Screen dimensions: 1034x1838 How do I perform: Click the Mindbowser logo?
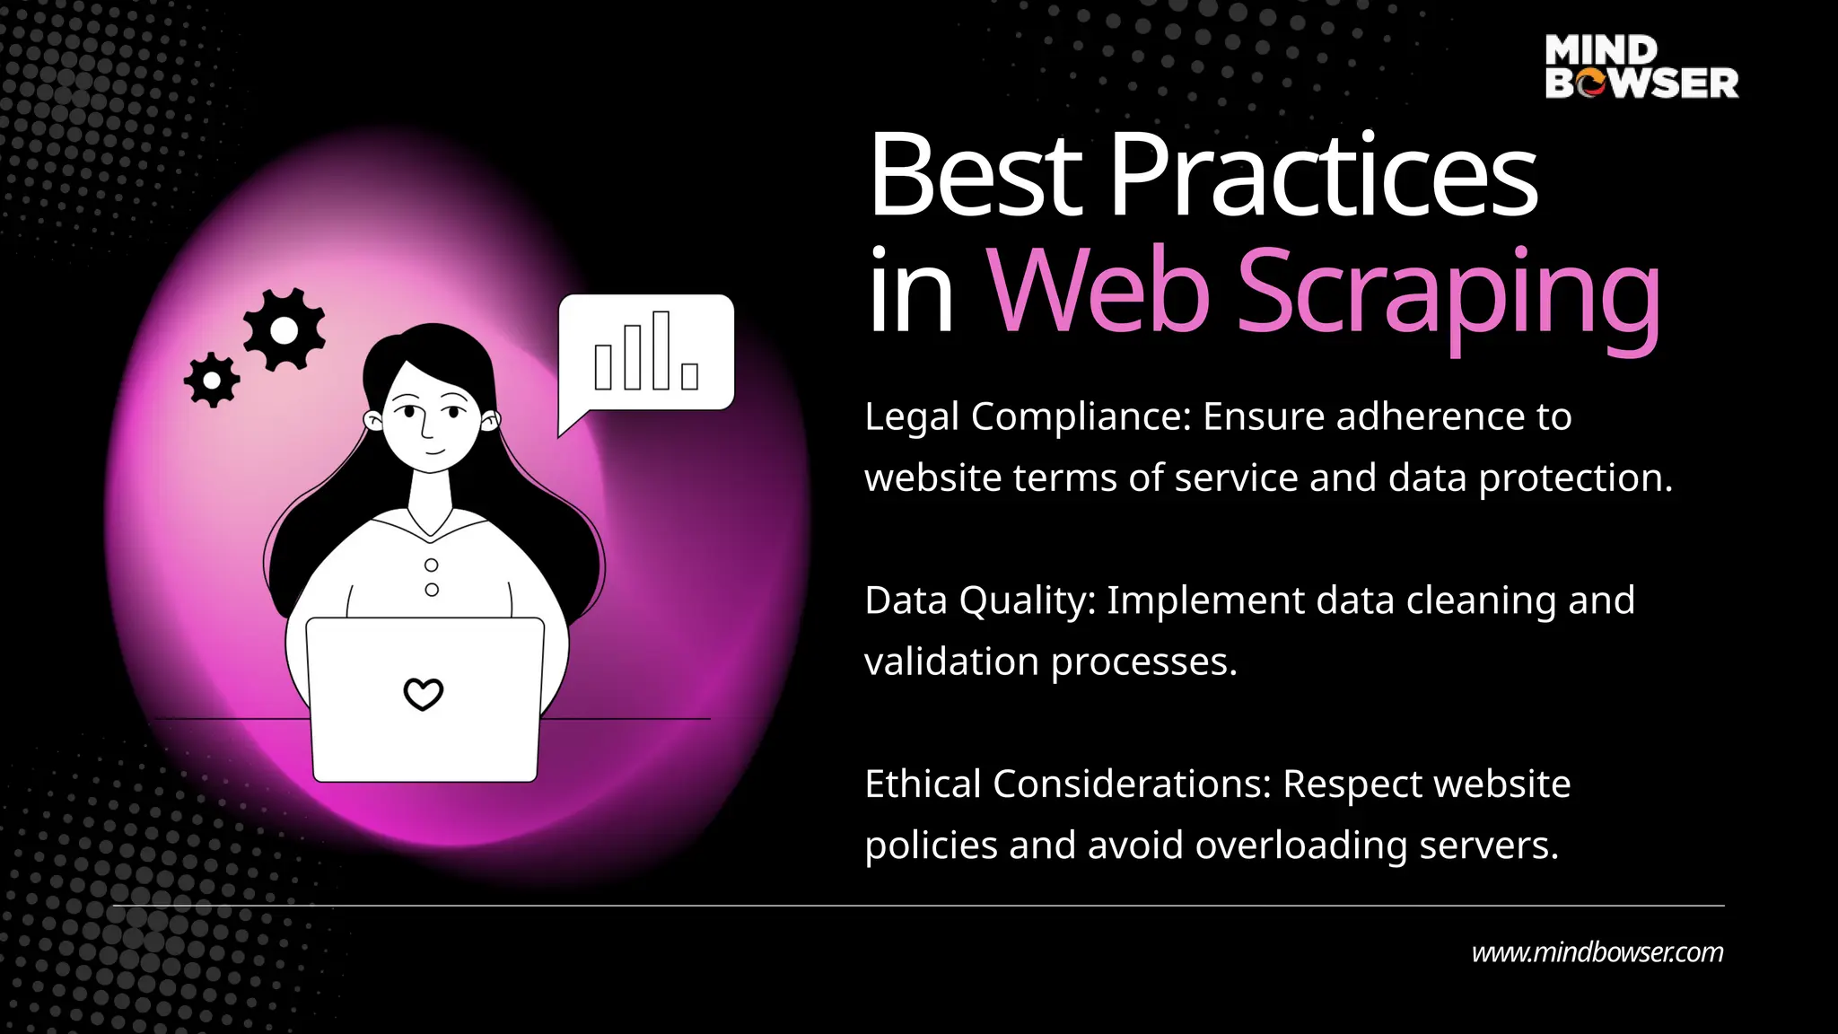pos(1641,66)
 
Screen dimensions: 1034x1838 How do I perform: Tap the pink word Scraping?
pos(1449,292)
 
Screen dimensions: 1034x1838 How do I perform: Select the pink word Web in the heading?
pos(1099,292)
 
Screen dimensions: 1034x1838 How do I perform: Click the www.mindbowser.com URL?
pos(1597,952)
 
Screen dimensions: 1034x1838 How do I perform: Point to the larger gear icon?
pos(284,331)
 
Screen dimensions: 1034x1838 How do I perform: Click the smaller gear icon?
pos(212,381)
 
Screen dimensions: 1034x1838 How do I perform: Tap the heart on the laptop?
pos(423,694)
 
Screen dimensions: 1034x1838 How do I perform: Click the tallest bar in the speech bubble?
pos(661,350)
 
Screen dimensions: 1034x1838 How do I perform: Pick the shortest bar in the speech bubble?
pos(689,376)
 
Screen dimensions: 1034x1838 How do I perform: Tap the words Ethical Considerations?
pos(1066,784)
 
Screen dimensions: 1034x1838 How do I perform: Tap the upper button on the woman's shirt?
pos(432,565)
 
